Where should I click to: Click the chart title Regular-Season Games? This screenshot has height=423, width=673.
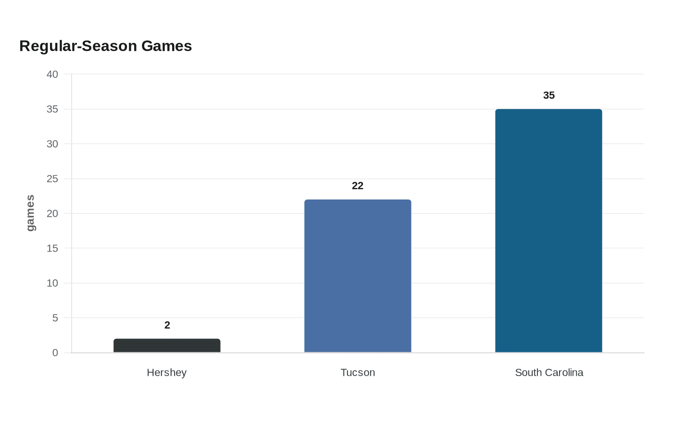105,46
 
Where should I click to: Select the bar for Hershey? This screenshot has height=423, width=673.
167,346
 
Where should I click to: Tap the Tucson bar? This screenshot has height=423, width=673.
358,276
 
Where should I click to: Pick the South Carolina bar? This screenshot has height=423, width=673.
548,231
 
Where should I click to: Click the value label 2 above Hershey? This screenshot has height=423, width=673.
167,325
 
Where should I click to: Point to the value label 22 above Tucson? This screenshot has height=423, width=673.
358,186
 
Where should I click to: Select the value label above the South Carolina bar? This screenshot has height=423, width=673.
549,95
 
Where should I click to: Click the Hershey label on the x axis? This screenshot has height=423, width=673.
167,373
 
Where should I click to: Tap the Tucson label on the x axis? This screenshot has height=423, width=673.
358,373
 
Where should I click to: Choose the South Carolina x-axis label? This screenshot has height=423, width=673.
549,373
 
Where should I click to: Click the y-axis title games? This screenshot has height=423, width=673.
30,213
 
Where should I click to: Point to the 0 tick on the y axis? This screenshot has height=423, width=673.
55,353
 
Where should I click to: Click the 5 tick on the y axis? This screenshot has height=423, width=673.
55,318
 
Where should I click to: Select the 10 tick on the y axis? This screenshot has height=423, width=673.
52,283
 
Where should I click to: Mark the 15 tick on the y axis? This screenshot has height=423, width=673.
52,248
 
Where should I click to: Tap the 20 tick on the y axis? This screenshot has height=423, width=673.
52,213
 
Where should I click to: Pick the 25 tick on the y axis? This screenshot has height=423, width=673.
52,179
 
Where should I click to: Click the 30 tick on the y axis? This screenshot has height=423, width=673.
52,144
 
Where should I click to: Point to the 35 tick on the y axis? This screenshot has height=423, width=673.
52,109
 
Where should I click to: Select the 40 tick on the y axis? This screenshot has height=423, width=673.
52,74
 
